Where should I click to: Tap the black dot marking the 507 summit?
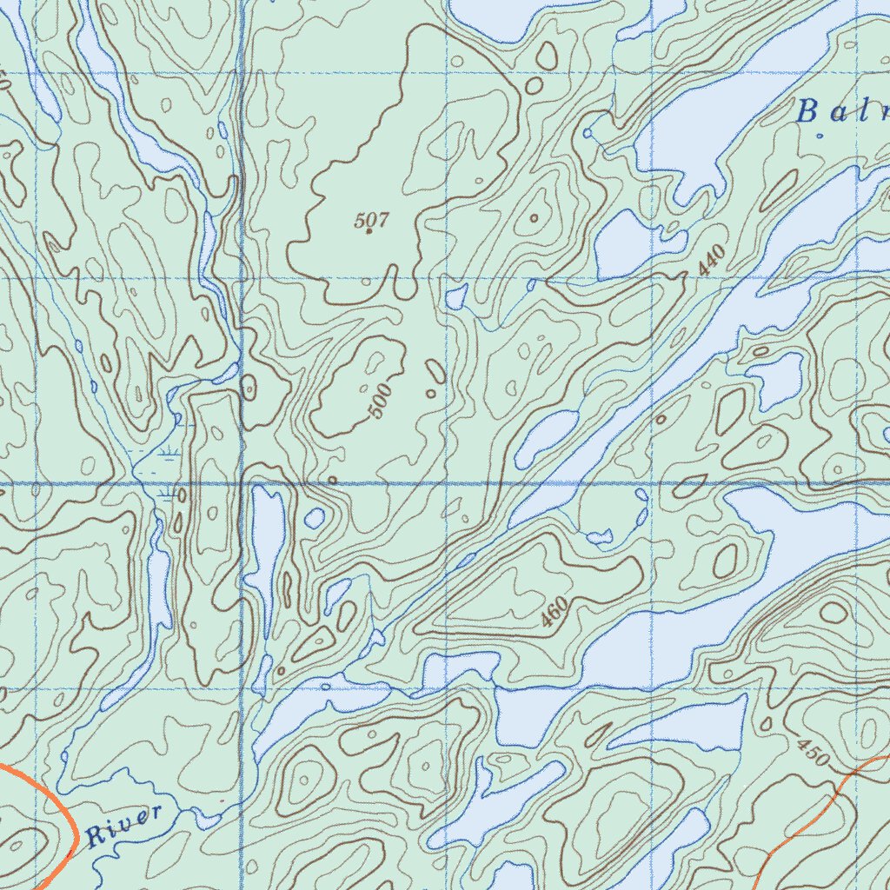click(x=369, y=232)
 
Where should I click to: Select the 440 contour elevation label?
click(x=710, y=261)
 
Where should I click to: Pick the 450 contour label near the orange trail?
click(x=813, y=752)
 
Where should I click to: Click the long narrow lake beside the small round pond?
click(x=267, y=539)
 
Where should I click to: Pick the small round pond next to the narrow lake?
click(x=315, y=519)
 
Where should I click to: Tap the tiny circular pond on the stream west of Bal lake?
click(x=588, y=133)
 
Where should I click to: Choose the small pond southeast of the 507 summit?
click(x=455, y=298)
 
